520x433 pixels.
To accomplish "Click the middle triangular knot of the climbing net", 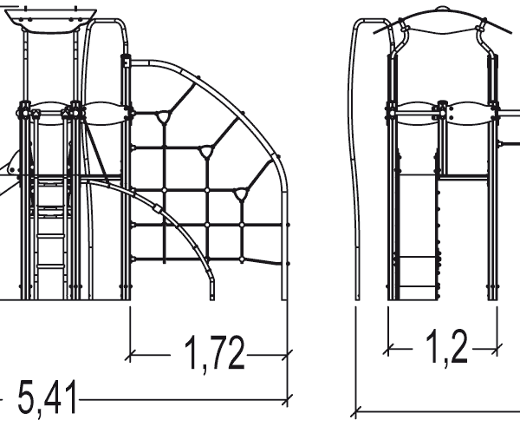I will tap(206, 153).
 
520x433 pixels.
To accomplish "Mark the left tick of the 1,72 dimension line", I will tap(131, 354).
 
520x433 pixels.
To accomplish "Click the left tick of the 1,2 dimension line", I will tap(387, 349).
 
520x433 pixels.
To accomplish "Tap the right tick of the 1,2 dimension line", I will tap(499, 349).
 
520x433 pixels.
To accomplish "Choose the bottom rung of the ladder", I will tap(52, 266).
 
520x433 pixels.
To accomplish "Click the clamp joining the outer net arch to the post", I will tap(127, 62).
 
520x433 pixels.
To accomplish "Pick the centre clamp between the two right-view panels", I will tap(443, 110).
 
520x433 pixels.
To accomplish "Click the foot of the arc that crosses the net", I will tap(211, 295).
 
